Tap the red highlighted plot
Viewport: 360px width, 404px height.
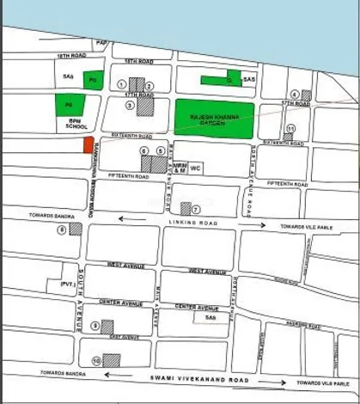[x=88, y=144]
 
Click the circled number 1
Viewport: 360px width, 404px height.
[x=122, y=84]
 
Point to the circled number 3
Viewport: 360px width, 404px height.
[x=130, y=105]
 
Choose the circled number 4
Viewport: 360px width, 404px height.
[x=294, y=95]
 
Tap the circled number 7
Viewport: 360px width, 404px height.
[x=195, y=209]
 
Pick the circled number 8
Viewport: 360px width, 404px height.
[x=62, y=230]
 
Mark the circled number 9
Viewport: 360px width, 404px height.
[x=95, y=326]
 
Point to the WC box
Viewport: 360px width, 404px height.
[x=195, y=168]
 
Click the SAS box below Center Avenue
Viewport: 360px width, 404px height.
[x=210, y=317]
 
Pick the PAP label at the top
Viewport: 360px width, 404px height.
[x=101, y=42]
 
